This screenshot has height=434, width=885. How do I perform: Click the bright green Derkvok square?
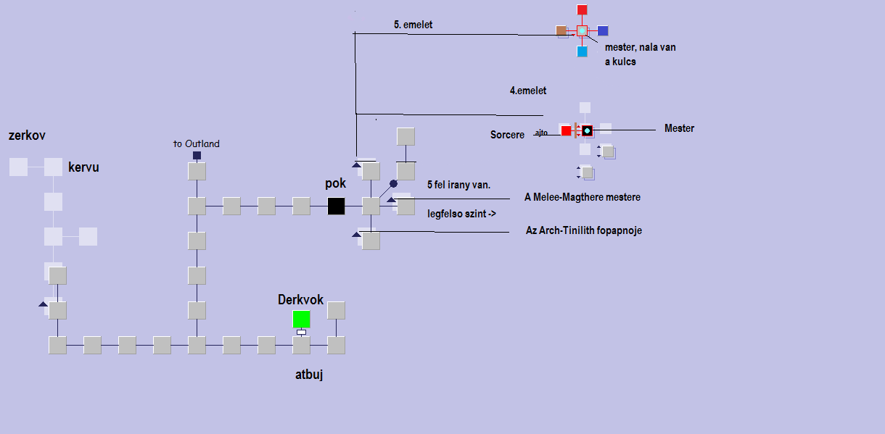click(x=301, y=319)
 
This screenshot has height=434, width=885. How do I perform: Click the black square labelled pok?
click(x=336, y=206)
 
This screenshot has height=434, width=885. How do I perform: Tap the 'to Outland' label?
click(x=196, y=143)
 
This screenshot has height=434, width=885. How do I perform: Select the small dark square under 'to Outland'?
click(x=197, y=156)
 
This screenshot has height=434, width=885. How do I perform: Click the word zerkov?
click(x=28, y=135)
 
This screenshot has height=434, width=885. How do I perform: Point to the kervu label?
click(x=83, y=167)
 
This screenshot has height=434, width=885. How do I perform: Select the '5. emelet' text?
click(x=413, y=25)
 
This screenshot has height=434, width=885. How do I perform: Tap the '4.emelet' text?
click(x=528, y=91)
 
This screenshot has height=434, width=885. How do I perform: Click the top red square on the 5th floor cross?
click(x=582, y=9)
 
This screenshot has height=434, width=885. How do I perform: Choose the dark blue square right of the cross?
click(x=603, y=30)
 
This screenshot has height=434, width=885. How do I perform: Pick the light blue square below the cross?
click(x=582, y=51)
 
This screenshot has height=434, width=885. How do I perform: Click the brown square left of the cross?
click(x=561, y=30)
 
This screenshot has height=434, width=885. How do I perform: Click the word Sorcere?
click(x=507, y=135)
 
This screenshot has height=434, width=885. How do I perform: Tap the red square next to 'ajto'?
click(x=566, y=130)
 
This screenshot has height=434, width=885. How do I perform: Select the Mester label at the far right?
click(x=679, y=128)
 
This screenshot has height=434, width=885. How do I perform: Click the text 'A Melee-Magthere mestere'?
click(x=583, y=197)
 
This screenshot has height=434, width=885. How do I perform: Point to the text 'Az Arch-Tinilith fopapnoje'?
click(x=583, y=230)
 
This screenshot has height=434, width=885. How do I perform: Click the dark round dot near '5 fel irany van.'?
click(x=393, y=184)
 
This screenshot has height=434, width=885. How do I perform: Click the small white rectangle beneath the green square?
click(x=301, y=332)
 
